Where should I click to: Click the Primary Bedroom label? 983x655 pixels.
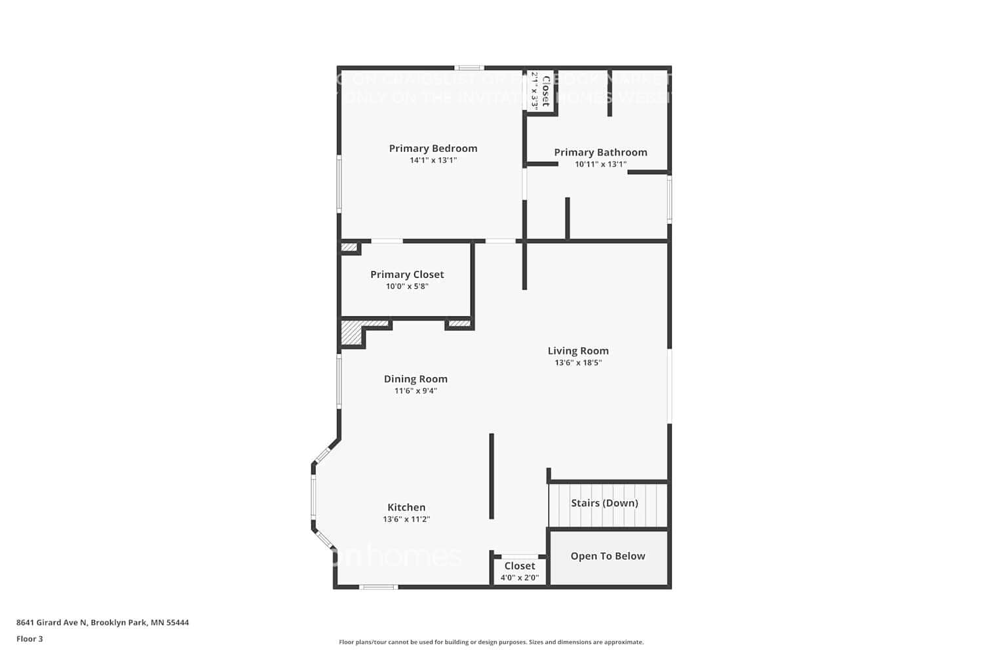(433, 149)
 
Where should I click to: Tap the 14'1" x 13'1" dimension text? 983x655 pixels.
(433, 160)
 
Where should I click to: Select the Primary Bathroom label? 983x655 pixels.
(600, 153)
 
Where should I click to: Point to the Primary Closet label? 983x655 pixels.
(407, 274)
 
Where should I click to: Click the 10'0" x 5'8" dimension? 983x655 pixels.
(407, 286)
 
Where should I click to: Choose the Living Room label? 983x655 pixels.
(578, 351)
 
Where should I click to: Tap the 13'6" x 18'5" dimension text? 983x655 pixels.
(578, 363)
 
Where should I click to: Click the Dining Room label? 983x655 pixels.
(415, 379)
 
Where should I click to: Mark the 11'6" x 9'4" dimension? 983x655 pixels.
(415, 391)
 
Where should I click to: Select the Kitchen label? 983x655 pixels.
(406, 508)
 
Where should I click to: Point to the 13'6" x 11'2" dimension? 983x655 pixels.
(406, 519)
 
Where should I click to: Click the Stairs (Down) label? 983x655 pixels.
(604, 503)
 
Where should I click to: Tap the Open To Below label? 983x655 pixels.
(607, 556)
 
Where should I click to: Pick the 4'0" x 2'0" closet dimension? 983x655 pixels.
(520, 578)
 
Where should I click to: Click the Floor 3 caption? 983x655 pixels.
(29, 639)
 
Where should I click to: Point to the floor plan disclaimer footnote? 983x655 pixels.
(491, 643)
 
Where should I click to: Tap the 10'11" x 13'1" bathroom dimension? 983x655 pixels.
(600, 164)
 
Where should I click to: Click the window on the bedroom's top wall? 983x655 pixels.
(470, 67)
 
